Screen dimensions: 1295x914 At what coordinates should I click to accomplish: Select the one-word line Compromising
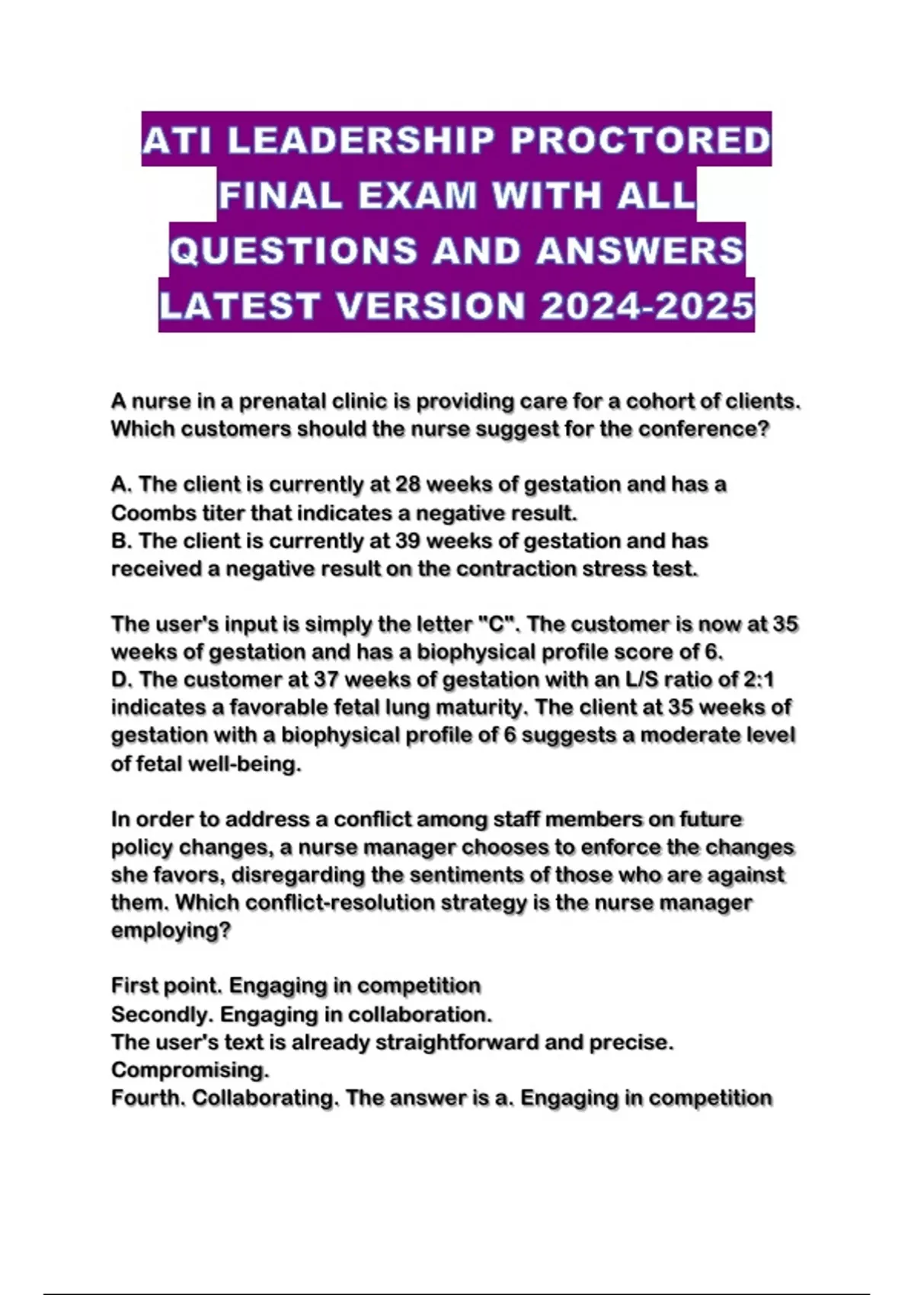pyautogui.click(x=190, y=1070)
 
